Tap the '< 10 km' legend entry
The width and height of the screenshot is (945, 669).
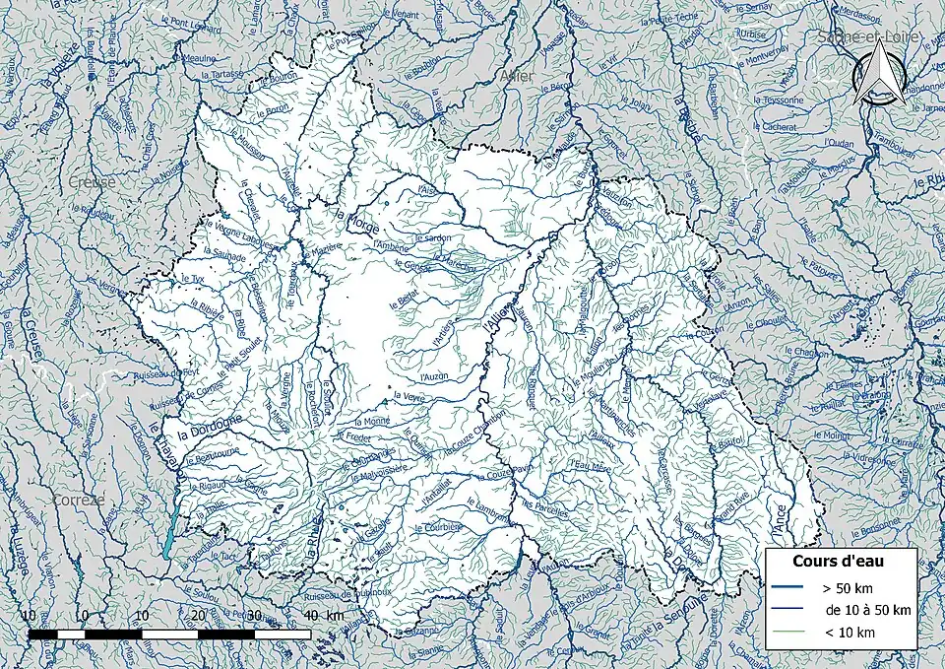pos(847,632)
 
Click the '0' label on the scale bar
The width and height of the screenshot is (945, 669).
pos(85,616)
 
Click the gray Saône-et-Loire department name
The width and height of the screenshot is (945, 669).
pos(867,37)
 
